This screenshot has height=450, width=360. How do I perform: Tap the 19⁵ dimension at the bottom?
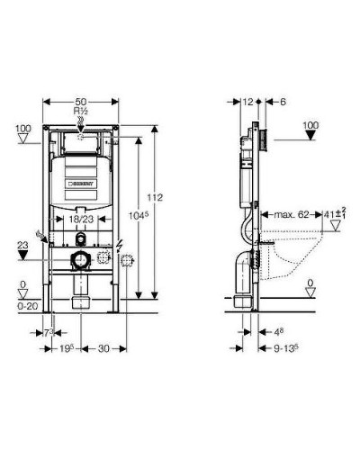(x=64, y=348)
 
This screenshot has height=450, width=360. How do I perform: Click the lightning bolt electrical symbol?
(x=121, y=245)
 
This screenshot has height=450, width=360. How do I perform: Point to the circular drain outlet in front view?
(x=81, y=262)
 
